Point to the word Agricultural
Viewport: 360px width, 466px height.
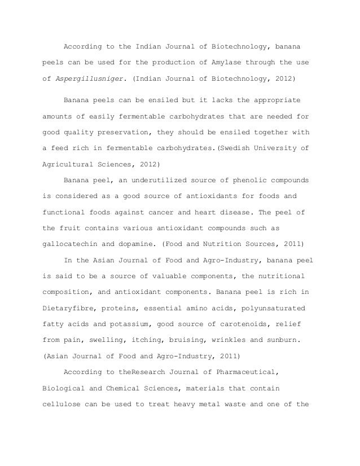pyautogui.click(x=69, y=165)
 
